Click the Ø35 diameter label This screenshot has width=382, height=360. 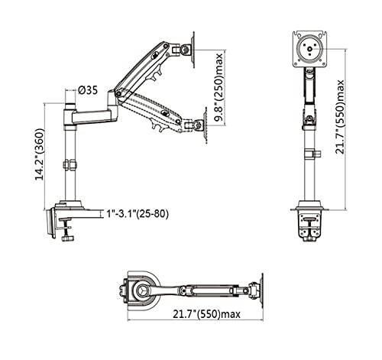pyautogui.click(x=88, y=90)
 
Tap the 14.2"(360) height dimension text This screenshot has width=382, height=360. pyautogui.click(x=40, y=154)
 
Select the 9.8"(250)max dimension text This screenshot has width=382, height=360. pyautogui.click(x=219, y=88)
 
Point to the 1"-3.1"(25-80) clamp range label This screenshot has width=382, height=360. pyautogui.click(x=138, y=214)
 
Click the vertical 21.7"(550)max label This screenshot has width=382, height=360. pyautogui.click(x=339, y=117)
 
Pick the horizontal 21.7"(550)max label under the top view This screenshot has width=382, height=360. pyautogui.click(x=206, y=314)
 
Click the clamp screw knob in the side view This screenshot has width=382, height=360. pyautogui.click(x=67, y=238)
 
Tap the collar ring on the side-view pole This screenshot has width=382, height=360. pyautogui.click(x=70, y=164)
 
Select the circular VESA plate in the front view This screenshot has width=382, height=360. pyautogui.click(x=309, y=48)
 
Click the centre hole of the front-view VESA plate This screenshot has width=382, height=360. pyautogui.click(x=309, y=48)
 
